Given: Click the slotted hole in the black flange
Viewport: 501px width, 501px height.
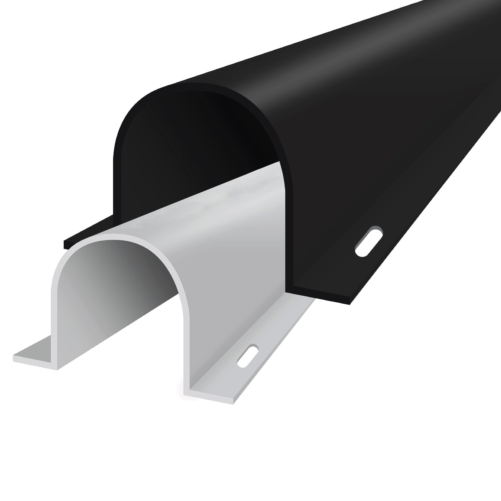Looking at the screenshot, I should [369, 241].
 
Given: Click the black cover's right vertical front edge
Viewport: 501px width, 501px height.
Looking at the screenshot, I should [289, 233].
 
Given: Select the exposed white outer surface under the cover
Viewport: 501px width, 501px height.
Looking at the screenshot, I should [233, 233].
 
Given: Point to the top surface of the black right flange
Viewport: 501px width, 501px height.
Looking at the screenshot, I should [402, 220].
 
